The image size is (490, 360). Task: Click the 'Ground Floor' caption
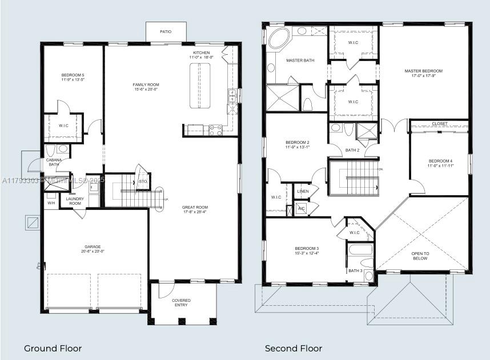[x=53, y=348]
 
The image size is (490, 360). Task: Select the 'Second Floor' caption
[x=293, y=348]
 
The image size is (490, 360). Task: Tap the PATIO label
[x=165, y=31]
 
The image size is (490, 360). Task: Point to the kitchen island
[x=200, y=85]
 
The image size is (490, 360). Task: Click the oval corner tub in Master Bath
[x=279, y=39]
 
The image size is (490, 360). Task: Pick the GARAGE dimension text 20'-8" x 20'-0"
[x=94, y=252]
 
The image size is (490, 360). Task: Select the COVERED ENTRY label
[x=182, y=303]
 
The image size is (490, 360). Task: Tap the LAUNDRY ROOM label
[x=74, y=201]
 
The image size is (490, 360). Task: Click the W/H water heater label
[x=51, y=203]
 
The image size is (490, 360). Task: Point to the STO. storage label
[x=143, y=182]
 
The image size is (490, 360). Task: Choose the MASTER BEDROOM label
[x=423, y=71]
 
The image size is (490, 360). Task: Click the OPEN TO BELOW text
[x=420, y=256]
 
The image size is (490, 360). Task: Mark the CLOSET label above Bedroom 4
[x=440, y=124]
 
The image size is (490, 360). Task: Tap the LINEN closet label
[x=303, y=192]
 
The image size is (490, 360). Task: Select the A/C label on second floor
[x=301, y=208]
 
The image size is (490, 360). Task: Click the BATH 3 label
[x=355, y=270]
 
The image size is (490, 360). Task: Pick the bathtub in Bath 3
[x=360, y=249]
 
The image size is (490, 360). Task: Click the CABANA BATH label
[x=54, y=163]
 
